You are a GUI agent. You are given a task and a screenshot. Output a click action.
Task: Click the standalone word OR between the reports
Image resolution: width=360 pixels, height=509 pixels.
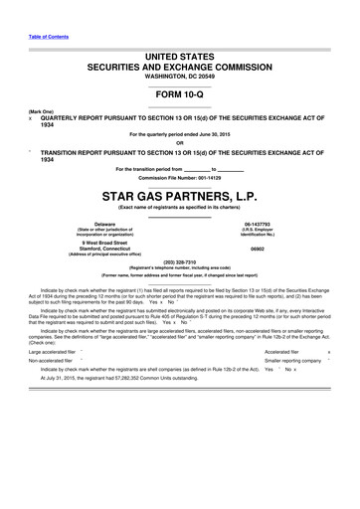coord(179,140)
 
